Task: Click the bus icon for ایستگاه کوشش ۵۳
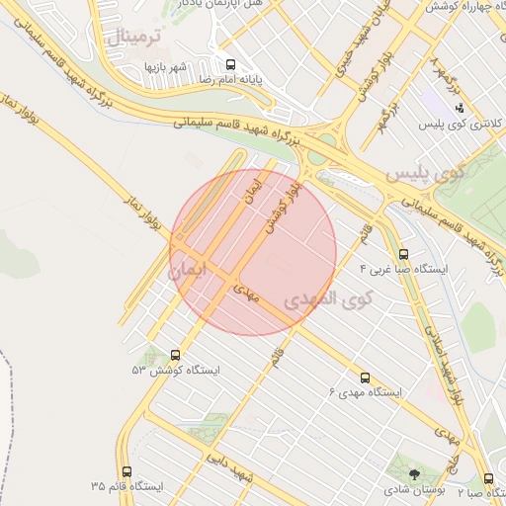[x=177, y=354]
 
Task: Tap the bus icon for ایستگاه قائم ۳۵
[x=126, y=471]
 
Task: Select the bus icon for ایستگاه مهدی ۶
[x=365, y=378]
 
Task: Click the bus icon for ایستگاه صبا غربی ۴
[x=402, y=254]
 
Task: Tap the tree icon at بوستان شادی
[x=414, y=475]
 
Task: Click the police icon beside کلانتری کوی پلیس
[x=459, y=109]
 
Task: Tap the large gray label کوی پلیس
[x=423, y=174]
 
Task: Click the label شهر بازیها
[x=165, y=66]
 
